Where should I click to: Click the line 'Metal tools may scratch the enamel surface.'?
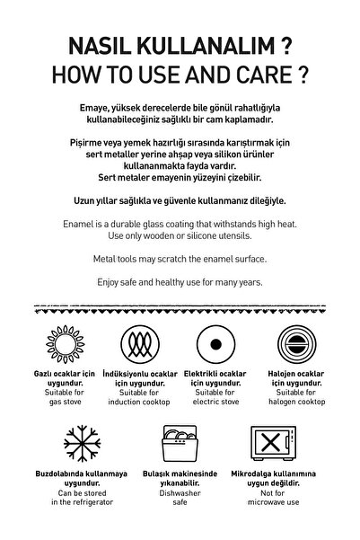click(x=180, y=259)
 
